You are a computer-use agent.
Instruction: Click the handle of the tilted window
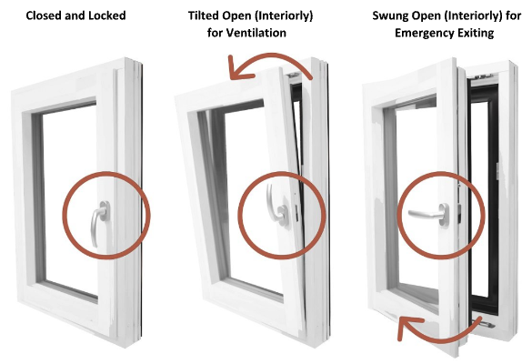pos(276,205)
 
